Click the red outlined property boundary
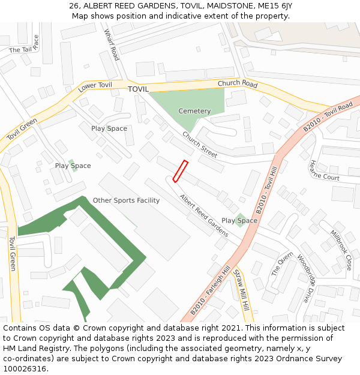tap(181, 171)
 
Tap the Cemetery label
tap(194, 111)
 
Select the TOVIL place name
tap(138, 89)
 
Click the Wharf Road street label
tap(112, 44)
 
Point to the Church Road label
tap(238, 84)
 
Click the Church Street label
tap(200, 145)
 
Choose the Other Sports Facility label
tap(126, 200)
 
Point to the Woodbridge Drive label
tap(305, 280)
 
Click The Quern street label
tap(281, 263)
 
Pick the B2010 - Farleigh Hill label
tap(210, 292)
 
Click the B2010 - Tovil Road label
tap(328, 118)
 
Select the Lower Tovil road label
tap(95, 88)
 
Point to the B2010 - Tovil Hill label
tap(267, 191)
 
